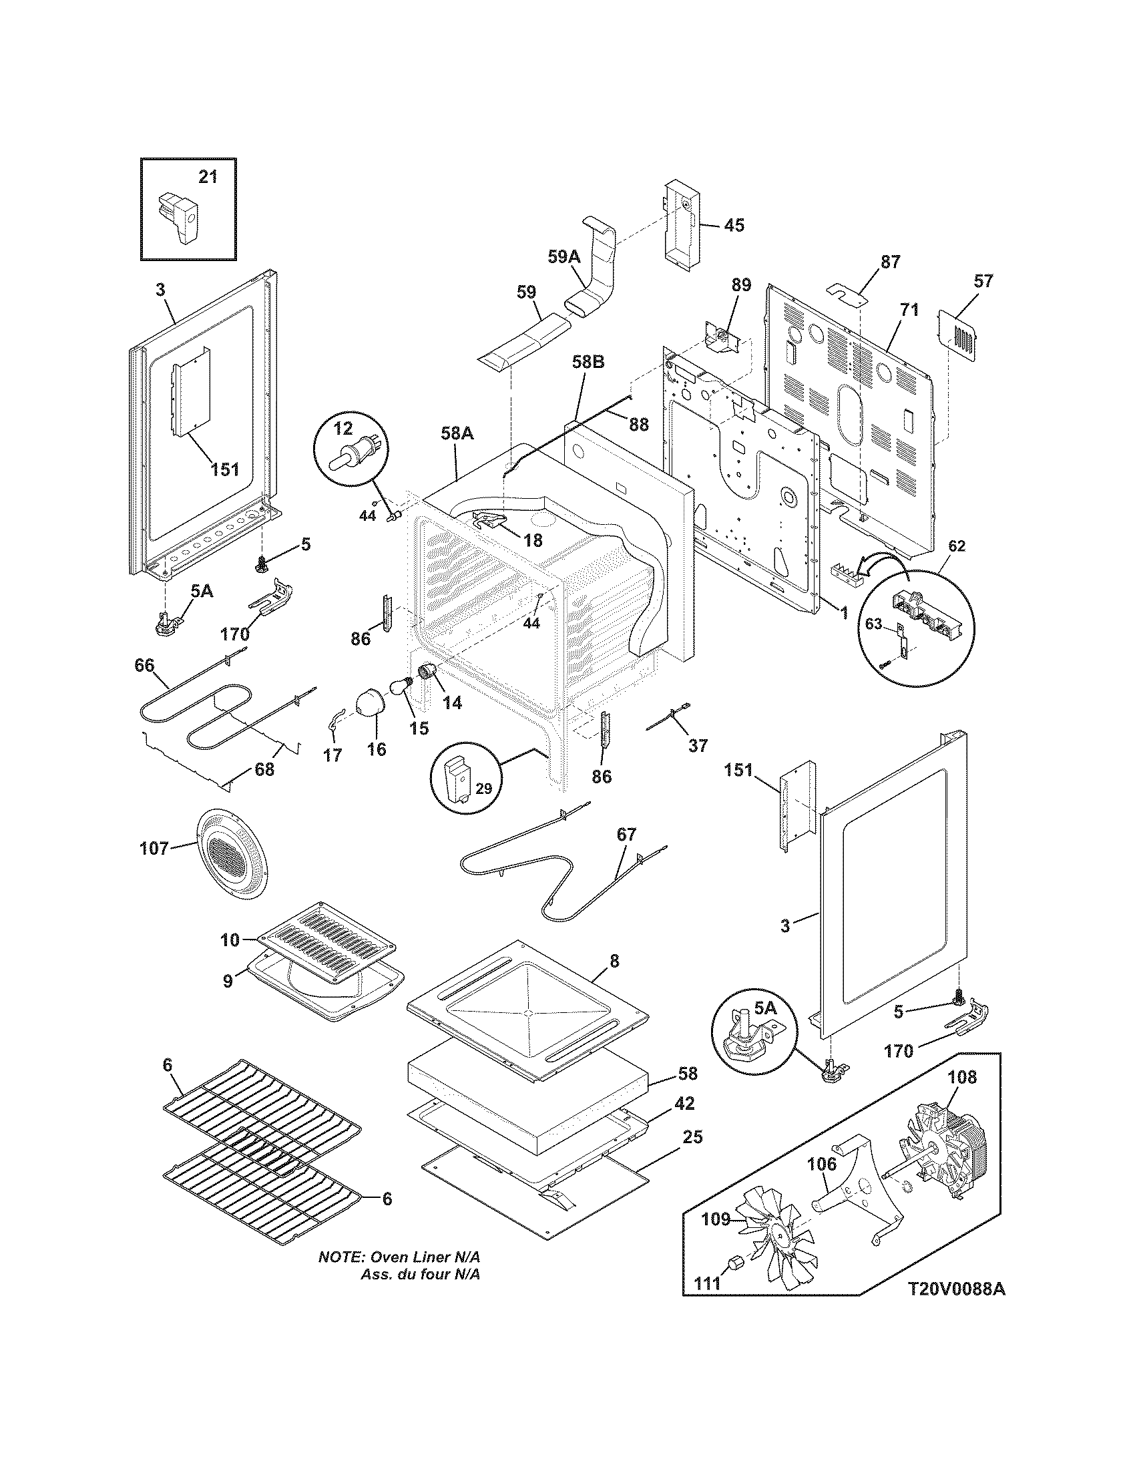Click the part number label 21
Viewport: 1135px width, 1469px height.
208,177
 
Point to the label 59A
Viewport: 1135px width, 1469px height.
563,257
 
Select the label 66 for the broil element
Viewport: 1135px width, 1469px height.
144,665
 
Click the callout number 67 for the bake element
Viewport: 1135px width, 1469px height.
626,835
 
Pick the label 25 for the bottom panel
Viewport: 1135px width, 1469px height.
692,1136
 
